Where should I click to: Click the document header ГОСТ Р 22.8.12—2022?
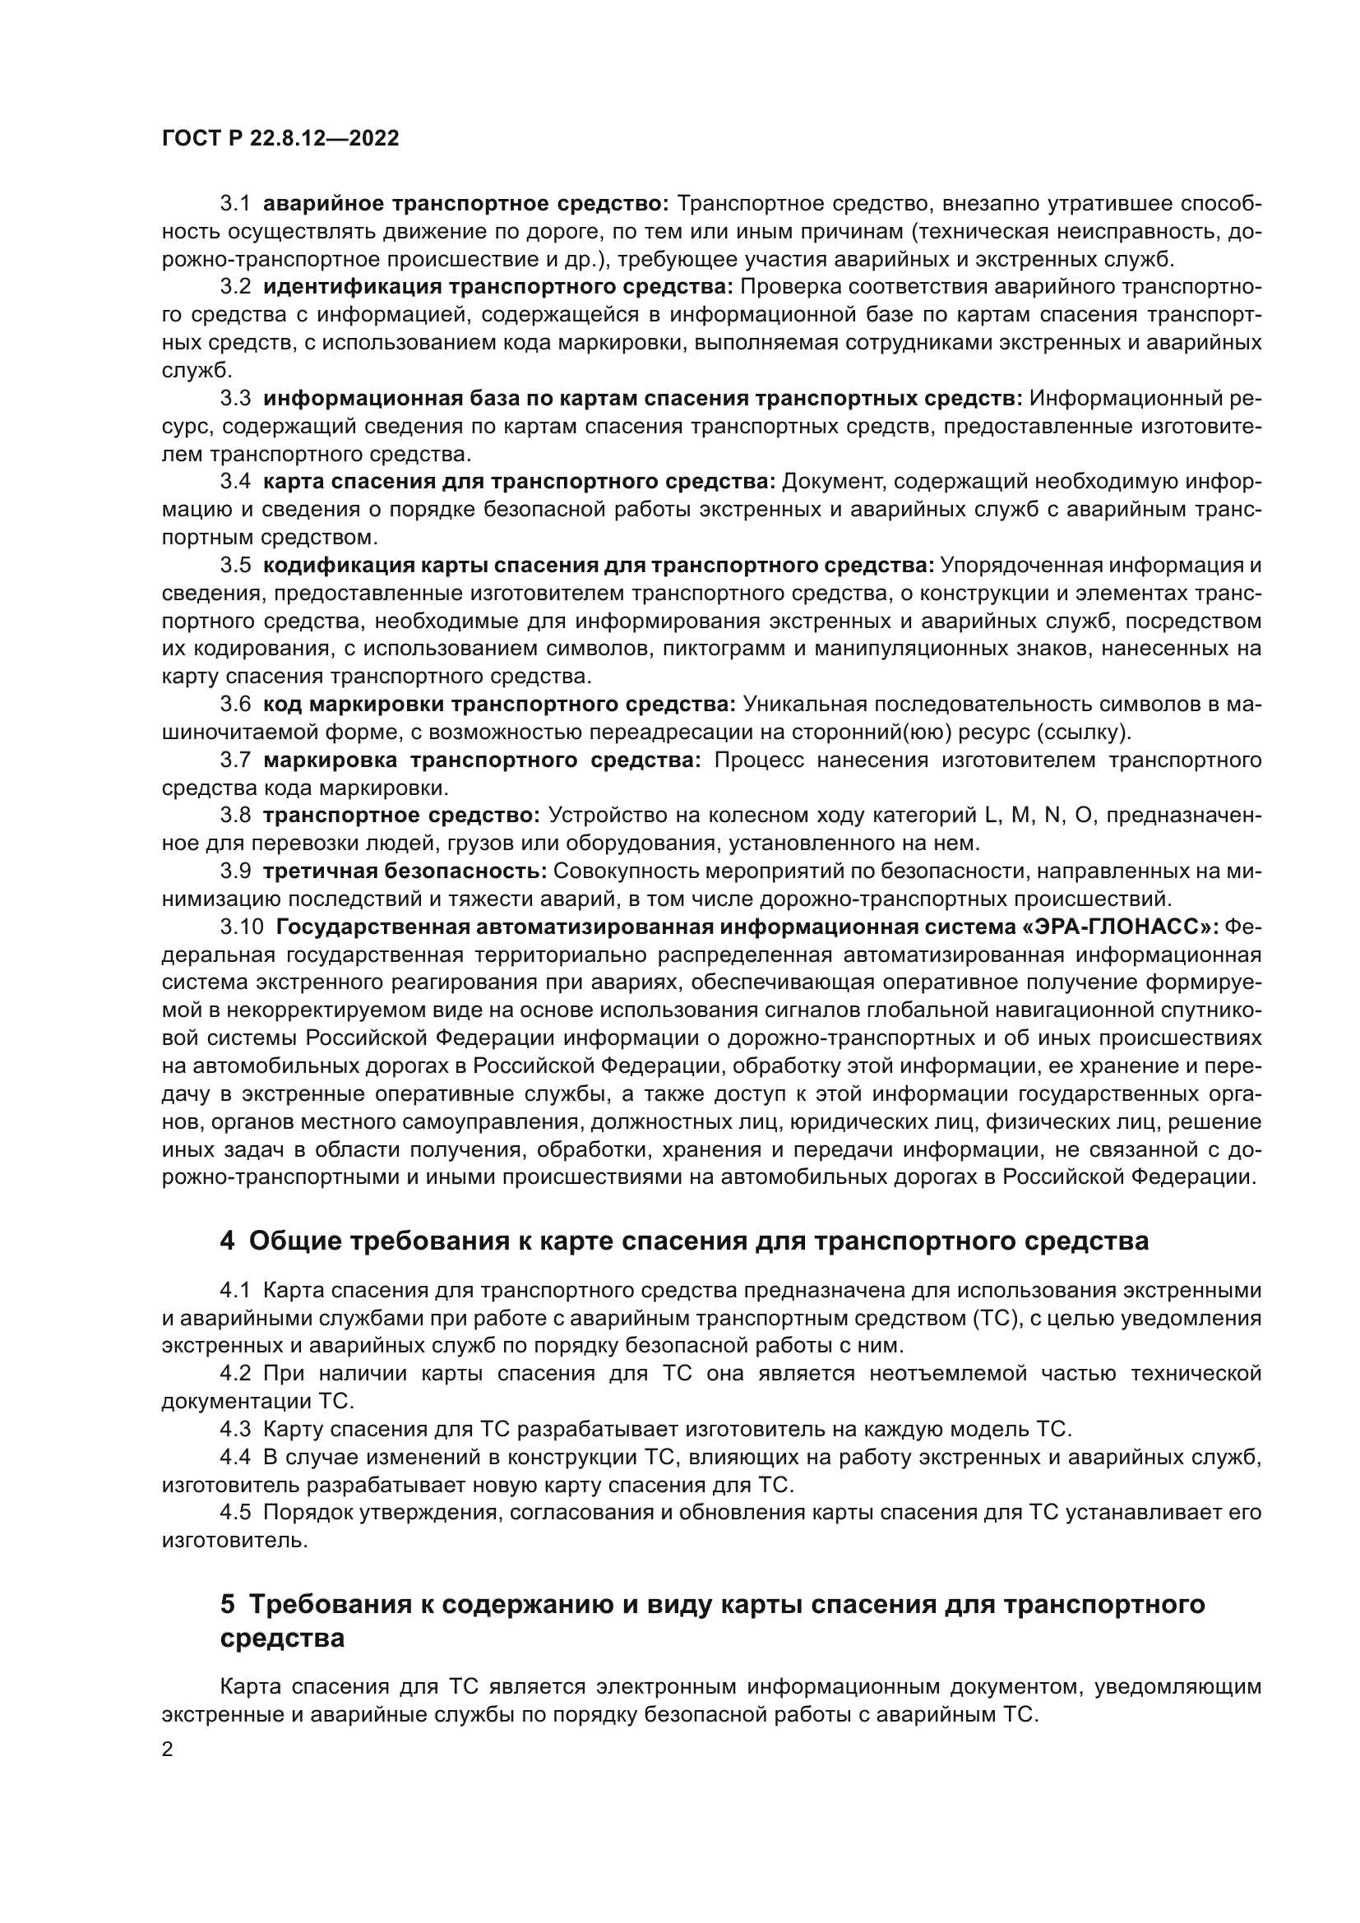[280, 139]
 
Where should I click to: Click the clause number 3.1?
[235, 204]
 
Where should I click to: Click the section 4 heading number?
[227, 1241]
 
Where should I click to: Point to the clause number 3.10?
[241, 927]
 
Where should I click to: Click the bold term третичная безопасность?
[405, 871]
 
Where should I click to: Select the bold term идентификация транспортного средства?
[498, 287]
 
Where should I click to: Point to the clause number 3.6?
[235, 704]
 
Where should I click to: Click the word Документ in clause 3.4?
[825, 482]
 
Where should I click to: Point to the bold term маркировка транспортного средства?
[482, 760]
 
